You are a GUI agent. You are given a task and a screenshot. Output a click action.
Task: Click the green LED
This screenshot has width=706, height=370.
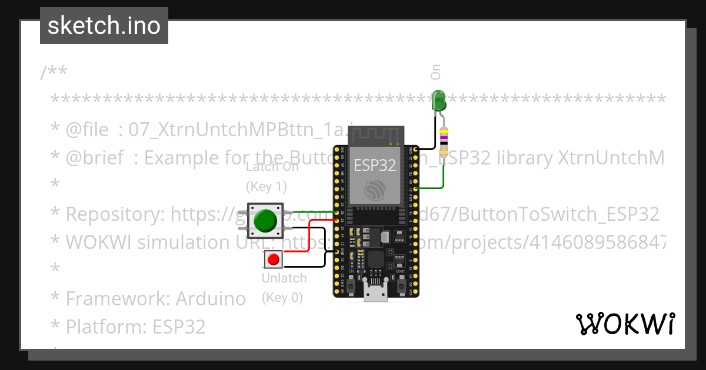[x=439, y=101]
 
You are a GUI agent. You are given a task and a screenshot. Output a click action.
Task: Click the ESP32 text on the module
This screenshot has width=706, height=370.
[x=375, y=166]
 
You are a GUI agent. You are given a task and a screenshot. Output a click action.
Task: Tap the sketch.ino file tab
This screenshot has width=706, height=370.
[x=104, y=26]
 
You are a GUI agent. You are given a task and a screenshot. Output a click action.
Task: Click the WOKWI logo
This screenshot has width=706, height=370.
[x=625, y=324]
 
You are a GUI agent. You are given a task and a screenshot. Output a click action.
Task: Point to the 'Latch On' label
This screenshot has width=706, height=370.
[x=272, y=167]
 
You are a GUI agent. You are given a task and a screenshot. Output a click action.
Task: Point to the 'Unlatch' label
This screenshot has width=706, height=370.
[x=284, y=278]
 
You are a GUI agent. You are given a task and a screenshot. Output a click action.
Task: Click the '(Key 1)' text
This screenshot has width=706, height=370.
[x=267, y=186]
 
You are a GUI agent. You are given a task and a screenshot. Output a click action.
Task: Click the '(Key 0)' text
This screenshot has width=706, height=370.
[x=282, y=297]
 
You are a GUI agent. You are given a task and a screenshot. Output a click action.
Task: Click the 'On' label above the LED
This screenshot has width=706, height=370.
[x=435, y=72]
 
